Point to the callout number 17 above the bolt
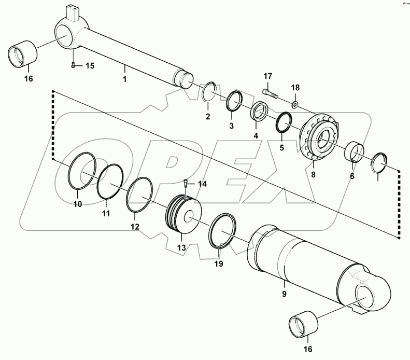point(268,76)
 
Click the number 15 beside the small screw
point(90,65)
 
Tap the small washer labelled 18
point(295,105)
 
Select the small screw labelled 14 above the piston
point(186,183)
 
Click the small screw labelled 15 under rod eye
point(74,65)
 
